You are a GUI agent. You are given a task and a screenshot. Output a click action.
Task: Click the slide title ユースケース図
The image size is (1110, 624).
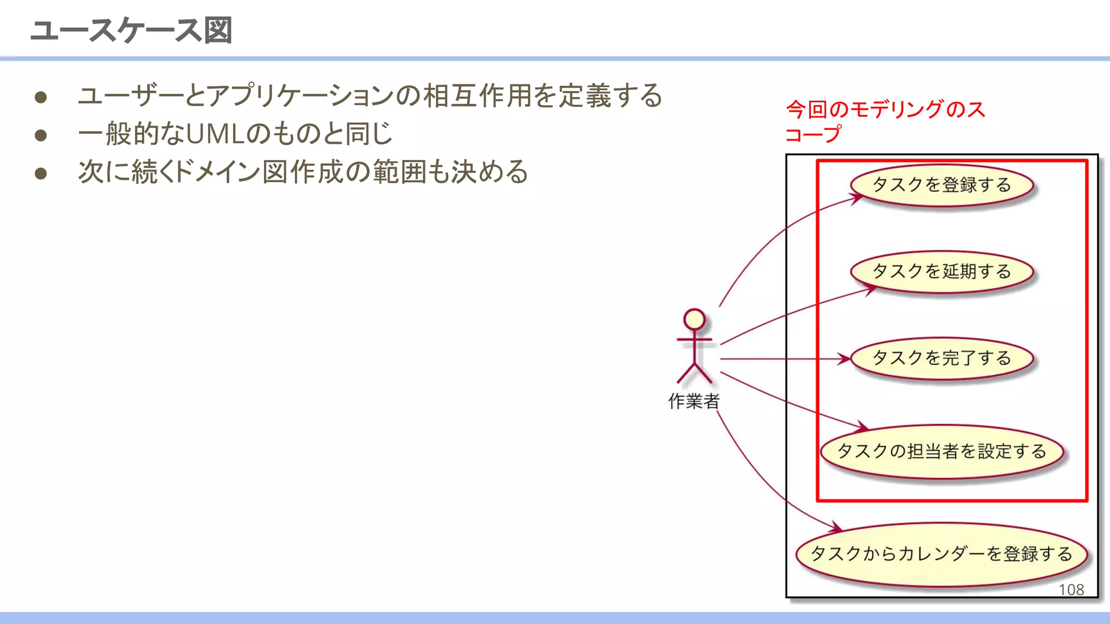pos(131,30)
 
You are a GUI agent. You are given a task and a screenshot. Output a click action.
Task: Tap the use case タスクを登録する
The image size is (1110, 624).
pos(942,185)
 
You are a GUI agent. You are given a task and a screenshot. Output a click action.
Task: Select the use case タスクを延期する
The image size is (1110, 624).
pos(942,271)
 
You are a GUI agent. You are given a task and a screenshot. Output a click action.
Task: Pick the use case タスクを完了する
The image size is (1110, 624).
pos(942,358)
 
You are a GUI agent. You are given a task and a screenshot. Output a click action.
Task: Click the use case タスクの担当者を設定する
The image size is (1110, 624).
pos(942,451)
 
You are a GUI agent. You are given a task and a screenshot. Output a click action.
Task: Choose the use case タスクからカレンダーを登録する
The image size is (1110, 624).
pos(942,554)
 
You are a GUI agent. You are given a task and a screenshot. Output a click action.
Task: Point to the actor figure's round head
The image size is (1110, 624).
pos(694,319)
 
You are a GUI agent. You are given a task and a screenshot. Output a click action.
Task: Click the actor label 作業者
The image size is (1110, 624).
pos(694,401)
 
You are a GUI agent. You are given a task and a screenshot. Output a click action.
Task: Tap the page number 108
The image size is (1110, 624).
pos(1071,590)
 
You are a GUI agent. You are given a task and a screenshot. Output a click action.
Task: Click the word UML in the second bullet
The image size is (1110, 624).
pos(216,134)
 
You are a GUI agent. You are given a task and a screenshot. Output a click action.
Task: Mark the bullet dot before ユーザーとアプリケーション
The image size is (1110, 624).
pos(41,97)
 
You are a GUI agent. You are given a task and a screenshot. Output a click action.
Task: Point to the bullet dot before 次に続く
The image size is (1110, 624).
pos(41,173)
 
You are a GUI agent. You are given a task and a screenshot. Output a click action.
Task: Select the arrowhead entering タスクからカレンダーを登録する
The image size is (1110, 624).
pos(837,528)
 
